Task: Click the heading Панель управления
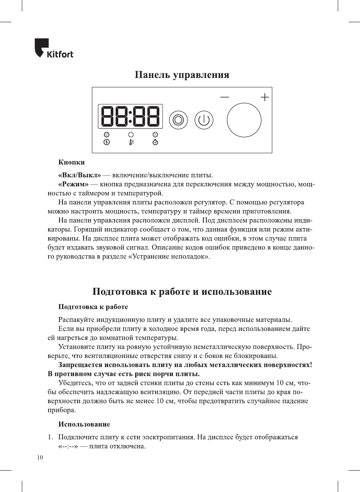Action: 182,75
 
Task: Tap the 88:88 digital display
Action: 130,116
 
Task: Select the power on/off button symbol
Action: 204,120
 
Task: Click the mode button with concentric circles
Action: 178,120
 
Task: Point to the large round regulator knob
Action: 244,120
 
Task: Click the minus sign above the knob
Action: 224,97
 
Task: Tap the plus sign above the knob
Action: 265,97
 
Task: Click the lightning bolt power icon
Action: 107,142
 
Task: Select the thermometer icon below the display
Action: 131,142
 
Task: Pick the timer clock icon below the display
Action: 155,142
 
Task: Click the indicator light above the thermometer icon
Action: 131,134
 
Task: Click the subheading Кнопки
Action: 72,163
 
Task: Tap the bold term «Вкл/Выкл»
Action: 80,175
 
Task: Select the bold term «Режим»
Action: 73,184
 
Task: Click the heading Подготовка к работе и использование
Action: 182,292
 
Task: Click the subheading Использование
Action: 84,424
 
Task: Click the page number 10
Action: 40,458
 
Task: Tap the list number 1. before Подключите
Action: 50,437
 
